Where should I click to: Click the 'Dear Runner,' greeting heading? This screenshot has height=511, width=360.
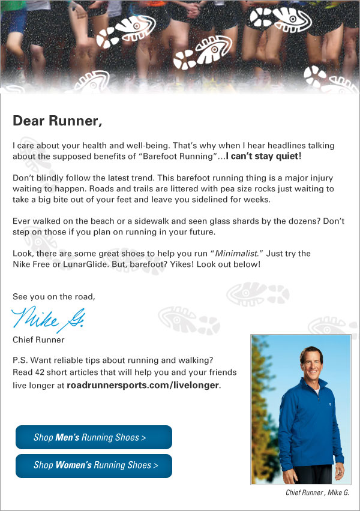click(58, 121)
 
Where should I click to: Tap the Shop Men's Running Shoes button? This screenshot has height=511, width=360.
click(94, 437)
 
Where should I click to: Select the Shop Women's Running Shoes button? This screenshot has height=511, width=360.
click(94, 465)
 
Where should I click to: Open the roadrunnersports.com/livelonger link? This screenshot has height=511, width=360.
click(143, 385)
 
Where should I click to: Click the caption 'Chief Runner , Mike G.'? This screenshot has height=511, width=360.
click(318, 493)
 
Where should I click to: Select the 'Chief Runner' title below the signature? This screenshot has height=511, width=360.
click(38, 340)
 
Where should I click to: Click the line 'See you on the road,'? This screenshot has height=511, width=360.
click(54, 296)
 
